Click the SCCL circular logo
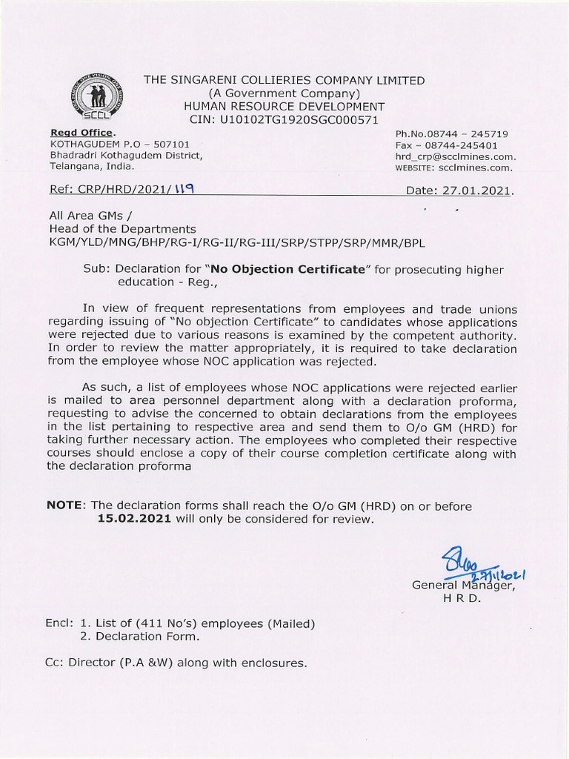pyautogui.click(x=97, y=99)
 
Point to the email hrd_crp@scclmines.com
pyautogui.click(x=455, y=157)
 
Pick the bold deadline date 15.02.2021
pyautogui.click(x=135, y=519)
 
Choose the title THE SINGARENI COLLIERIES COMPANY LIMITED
pyautogui.click(x=284, y=80)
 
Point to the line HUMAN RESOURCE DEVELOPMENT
pyautogui.click(x=284, y=106)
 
